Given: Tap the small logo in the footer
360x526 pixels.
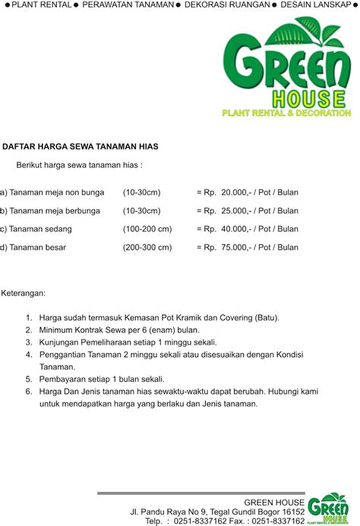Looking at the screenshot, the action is [328, 508].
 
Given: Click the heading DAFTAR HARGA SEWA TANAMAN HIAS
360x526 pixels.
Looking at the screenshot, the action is [81, 146].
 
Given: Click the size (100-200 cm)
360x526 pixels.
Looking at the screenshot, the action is [147, 229].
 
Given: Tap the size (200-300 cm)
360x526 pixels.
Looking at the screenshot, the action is [147, 247].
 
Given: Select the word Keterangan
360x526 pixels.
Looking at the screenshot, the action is [24, 292].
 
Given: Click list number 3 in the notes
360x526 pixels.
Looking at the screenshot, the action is [29, 342].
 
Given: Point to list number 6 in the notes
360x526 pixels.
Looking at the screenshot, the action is [29, 392].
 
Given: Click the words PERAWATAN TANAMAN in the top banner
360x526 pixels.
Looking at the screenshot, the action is [127, 5].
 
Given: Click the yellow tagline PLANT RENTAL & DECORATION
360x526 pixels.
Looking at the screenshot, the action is [286, 113].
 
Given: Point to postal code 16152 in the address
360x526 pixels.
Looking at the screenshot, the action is [292, 512].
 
